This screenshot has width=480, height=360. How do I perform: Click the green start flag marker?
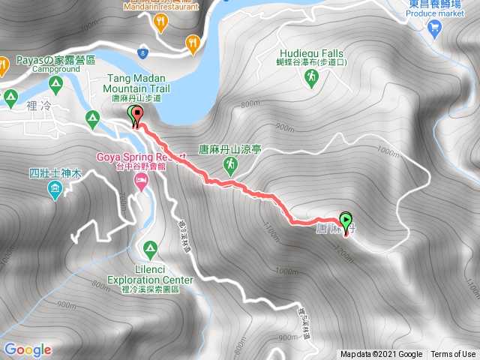click(x=346, y=221)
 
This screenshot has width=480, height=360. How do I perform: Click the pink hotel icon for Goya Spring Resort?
click(x=140, y=181)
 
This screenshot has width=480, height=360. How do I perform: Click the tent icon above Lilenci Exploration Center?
click(x=150, y=247)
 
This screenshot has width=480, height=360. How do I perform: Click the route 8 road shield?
click(x=142, y=53)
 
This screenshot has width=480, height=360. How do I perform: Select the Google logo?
click(x=28, y=349)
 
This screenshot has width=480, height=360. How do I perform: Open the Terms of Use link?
click(x=453, y=354)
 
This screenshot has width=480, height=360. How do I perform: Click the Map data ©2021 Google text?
click(x=380, y=354)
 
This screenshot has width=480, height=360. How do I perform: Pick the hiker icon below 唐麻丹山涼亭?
click(x=233, y=163)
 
